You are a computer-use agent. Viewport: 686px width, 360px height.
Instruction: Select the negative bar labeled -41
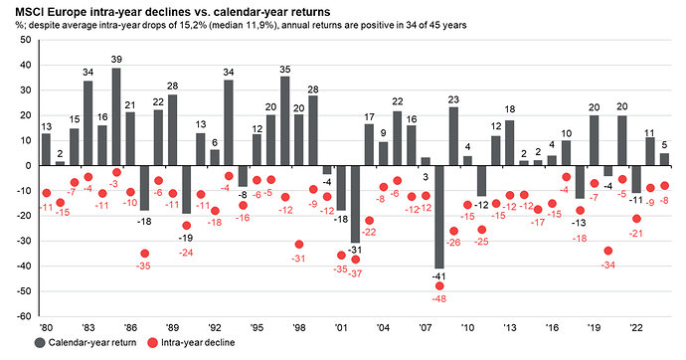[439, 217]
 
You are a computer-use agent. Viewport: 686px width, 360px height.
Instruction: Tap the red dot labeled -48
[439, 286]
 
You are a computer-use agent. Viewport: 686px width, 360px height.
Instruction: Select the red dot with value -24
[187, 226]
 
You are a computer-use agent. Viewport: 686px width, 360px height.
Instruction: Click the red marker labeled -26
[453, 231]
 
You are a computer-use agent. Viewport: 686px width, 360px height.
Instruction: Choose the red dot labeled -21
[636, 219]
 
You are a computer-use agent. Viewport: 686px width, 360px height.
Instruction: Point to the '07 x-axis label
[426, 324]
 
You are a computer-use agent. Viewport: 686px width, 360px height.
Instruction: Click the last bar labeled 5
[664, 159]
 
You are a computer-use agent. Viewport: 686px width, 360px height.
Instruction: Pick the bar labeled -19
[187, 189]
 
